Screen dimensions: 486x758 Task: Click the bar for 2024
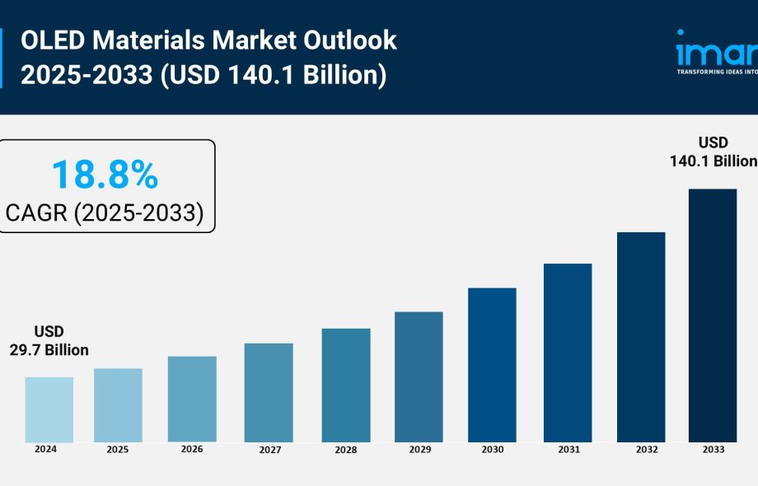[x=49, y=409]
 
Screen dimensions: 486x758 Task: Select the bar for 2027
[x=269, y=392]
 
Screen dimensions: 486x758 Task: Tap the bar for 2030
[x=492, y=365]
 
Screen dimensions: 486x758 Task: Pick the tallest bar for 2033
[x=713, y=315]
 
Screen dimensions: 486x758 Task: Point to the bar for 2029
[x=419, y=376]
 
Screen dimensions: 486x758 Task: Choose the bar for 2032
[x=641, y=337]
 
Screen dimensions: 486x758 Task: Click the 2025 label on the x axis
[x=118, y=451]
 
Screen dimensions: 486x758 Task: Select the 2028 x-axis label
[x=346, y=451]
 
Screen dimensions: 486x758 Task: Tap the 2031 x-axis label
[x=568, y=451]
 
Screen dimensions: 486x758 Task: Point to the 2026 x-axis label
[x=192, y=450]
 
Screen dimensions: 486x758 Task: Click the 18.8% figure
[x=105, y=175]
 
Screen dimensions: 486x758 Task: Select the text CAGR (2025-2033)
[x=105, y=213]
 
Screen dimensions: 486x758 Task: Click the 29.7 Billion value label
[x=49, y=350]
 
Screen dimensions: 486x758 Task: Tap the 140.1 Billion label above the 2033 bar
[x=714, y=161]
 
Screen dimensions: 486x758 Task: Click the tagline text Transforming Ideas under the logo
[x=715, y=72]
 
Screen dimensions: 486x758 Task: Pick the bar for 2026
[x=192, y=399]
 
